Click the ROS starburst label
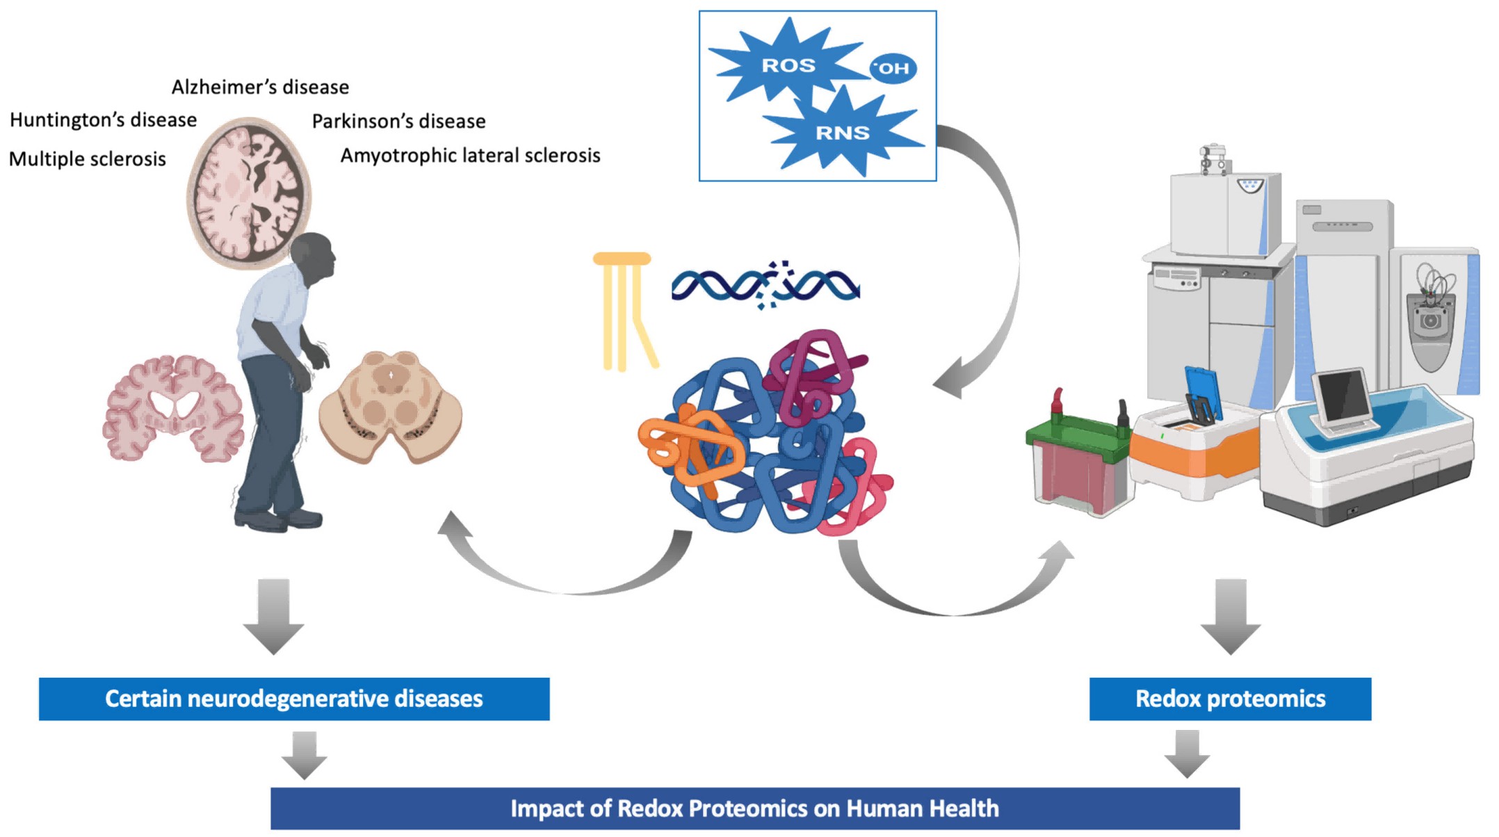(788, 65)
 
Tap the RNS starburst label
(842, 132)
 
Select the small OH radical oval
(893, 68)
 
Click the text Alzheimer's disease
(260, 88)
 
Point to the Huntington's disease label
(103, 120)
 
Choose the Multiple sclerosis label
(87, 159)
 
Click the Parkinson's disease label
(398, 122)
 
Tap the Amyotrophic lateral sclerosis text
(470, 156)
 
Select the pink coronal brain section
(173, 409)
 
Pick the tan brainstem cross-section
(390, 407)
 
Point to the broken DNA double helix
(765, 285)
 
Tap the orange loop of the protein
(688, 448)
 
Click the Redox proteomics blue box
(1229, 699)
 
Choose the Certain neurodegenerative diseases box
(293, 699)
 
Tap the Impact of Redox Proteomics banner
(754, 808)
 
